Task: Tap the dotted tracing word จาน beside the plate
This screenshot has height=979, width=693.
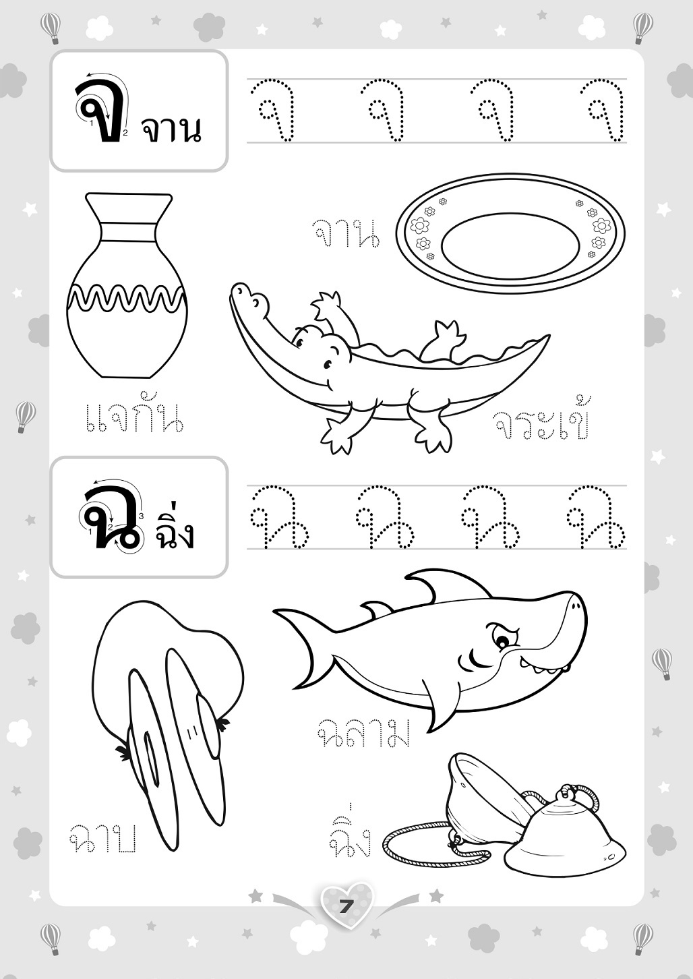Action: tap(346, 234)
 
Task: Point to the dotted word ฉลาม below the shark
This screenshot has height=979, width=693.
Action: tap(363, 732)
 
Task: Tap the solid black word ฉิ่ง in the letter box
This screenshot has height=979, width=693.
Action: tap(173, 528)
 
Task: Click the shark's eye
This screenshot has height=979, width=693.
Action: tap(502, 642)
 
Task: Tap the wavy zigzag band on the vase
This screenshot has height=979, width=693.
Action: tap(127, 297)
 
